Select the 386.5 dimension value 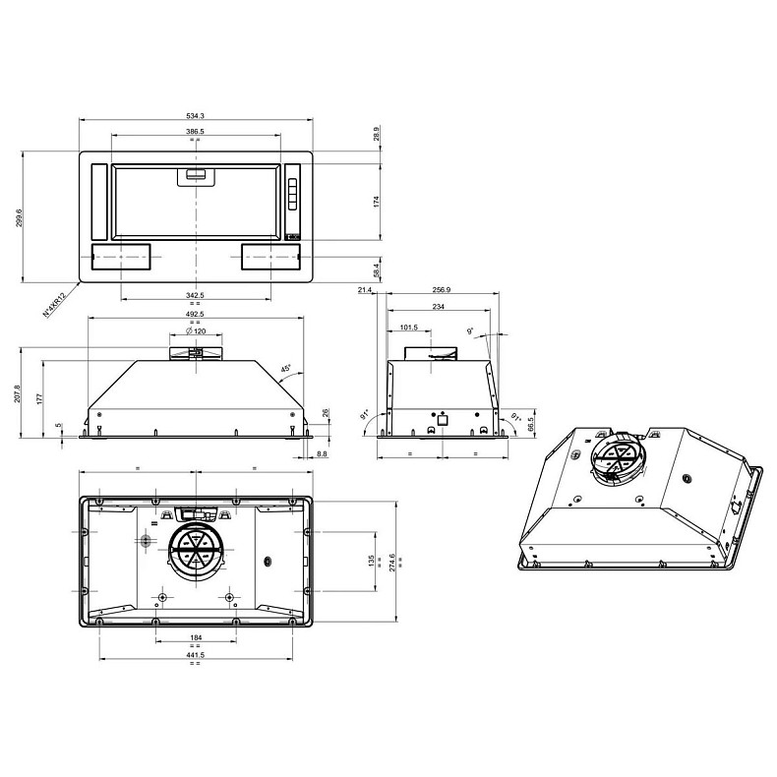coord(195,132)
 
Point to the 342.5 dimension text coord(195,295)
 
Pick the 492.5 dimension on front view coord(195,315)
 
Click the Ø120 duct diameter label coord(195,330)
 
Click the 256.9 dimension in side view coord(442,290)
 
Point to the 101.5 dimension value coord(410,328)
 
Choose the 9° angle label coord(471,331)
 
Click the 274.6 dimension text coord(392,563)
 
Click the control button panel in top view coord(292,194)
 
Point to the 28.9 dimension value coord(377,134)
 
